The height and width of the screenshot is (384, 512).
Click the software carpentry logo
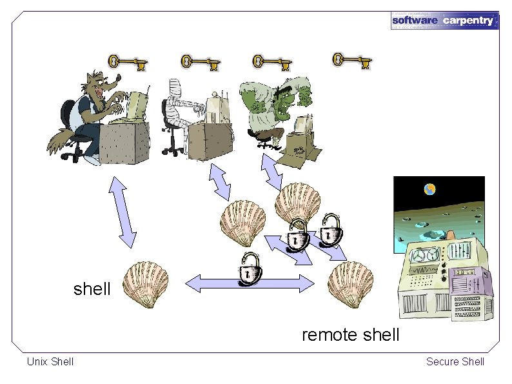point(444,20)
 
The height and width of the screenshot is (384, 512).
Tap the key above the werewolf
point(128,63)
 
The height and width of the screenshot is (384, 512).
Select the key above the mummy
point(200,63)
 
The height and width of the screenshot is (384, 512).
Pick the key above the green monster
point(272,63)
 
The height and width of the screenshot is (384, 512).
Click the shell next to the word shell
point(146,285)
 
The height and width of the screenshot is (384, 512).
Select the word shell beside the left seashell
point(92,289)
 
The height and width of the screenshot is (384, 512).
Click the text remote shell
point(351,335)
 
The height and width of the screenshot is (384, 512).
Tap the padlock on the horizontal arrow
point(250,269)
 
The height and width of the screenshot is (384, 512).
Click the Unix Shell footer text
point(50,361)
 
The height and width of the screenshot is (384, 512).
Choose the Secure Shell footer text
point(455,361)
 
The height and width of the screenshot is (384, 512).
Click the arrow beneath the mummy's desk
point(220,182)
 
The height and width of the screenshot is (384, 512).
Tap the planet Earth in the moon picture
point(429,189)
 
